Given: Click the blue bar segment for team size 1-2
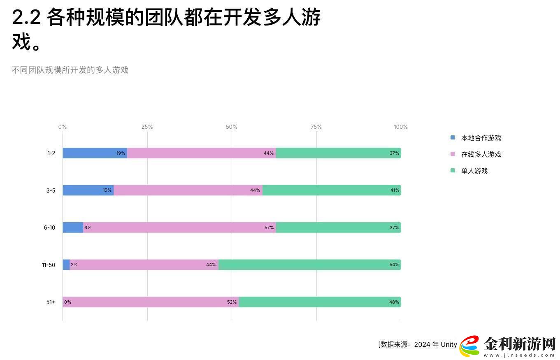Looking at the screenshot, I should [95, 153].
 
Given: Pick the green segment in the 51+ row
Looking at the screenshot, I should [319, 302].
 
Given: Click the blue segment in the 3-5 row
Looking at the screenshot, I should [88, 190].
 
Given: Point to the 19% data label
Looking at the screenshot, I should [121, 153].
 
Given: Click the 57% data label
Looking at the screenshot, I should [269, 228].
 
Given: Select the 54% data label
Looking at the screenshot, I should [394, 265].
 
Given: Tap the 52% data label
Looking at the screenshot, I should [232, 302].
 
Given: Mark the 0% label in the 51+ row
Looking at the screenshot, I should [67, 302].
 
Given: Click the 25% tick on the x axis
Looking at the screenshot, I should [147, 127].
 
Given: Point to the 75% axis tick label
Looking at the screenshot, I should [316, 127].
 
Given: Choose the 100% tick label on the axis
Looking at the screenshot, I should [400, 127].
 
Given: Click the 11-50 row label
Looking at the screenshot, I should [48, 265].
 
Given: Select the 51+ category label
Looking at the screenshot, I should [51, 302].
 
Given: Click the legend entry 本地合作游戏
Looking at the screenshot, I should [481, 138].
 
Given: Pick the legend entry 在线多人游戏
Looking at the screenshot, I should [481, 154].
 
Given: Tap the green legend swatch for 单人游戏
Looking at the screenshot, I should [453, 170].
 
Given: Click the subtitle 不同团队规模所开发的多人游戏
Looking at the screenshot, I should [70, 70].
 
